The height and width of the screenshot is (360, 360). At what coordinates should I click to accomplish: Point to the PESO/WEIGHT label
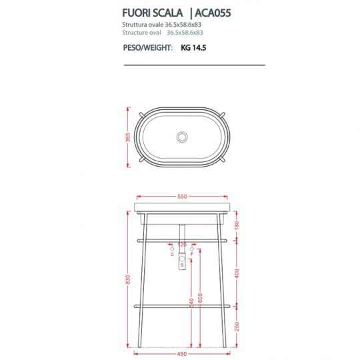pos(147,48)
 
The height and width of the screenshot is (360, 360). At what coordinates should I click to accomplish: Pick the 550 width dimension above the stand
pos(182,197)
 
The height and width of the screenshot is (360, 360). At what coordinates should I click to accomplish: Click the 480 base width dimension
pos(182,354)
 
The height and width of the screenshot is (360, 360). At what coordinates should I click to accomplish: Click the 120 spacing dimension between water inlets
pos(182,245)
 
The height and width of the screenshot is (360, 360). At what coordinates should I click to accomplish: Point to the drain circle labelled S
pos(182,265)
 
